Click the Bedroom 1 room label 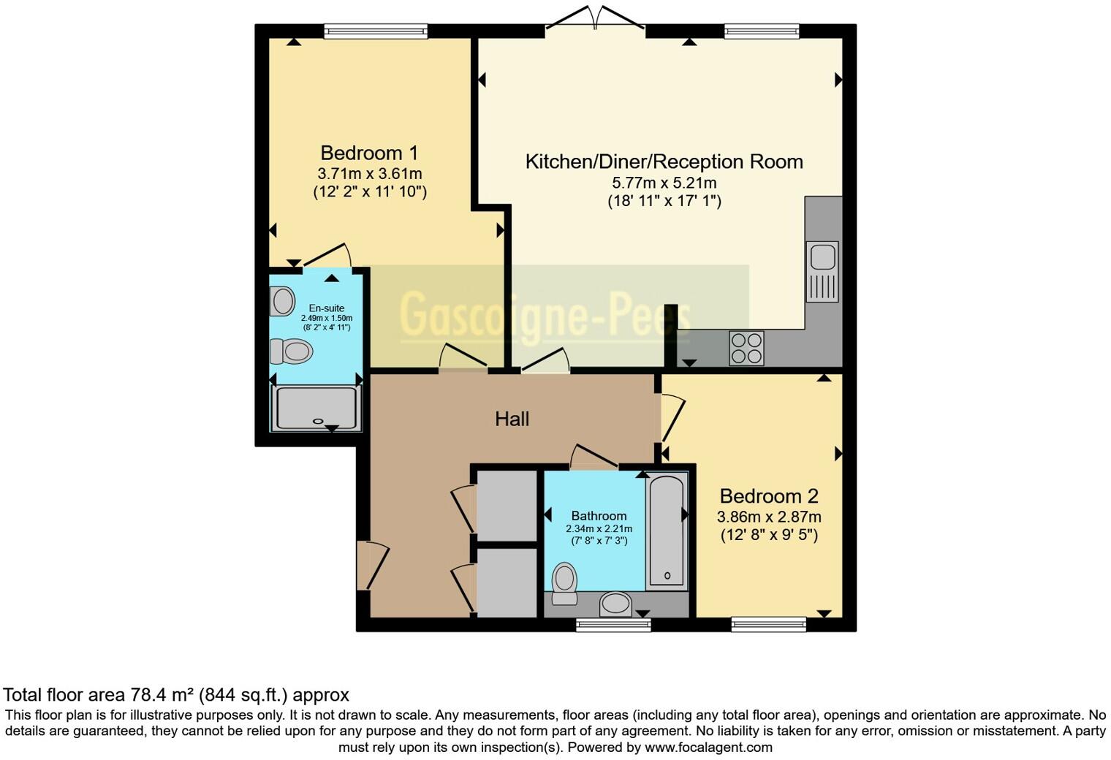click(x=369, y=153)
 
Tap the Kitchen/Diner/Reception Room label click(x=664, y=161)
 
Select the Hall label click(x=512, y=419)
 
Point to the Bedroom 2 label click(x=768, y=496)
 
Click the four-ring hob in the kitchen click(x=746, y=348)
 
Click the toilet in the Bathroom click(x=564, y=582)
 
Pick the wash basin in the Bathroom click(x=615, y=604)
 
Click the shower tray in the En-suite click(x=316, y=408)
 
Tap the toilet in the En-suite click(x=292, y=351)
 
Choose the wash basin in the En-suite click(x=282, y=301)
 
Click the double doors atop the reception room click(x=596, y=20)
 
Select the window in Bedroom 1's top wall click(x=376, y=31)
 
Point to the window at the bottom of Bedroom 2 click(x=768, y=624)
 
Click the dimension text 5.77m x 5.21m click(x=664, y=183)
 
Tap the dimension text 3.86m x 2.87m click(x=768, y=517)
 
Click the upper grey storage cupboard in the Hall click(x=507, y=506)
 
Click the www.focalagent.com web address click(x=708, y=747)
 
